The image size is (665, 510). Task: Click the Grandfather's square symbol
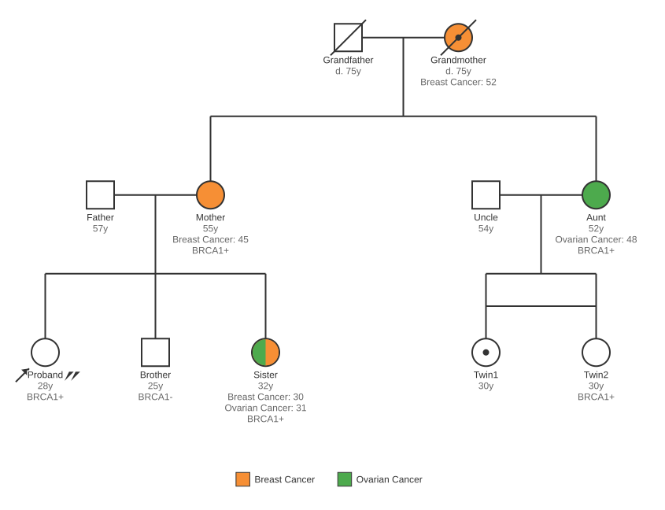pyautogui.click(x=348, y=38)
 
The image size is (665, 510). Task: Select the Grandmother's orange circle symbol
pyautogui.click(x=458, y=38)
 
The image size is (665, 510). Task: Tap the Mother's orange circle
pyautogui.click(x=210, y=195)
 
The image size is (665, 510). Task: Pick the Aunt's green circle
pyautogui.click(x=596, y=195)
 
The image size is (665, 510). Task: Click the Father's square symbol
pyautogui.click(x=100, y=195)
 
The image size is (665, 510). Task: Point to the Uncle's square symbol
pyautogui.click(x=486, y=195)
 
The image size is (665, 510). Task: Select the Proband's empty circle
pyautogui.click(x=45, y=353)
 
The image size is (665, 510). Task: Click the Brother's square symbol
pyautogui.click(x=155, y=353)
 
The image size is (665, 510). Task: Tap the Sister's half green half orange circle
pyautogui.click(x=265, y=353)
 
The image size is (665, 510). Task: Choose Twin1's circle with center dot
pyautogui.click(x=486, y=353)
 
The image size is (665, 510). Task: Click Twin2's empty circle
pyautogui.click(x=596, y=353)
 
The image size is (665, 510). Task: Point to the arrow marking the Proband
pyautogui.click(x=22, y=375)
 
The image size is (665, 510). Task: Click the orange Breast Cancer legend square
pyautogui.click(x=242, y=479)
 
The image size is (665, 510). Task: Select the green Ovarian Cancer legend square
pyautogui.click(x=345, y=479)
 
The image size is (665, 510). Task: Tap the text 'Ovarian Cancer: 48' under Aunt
pyautogui.click(x=596, y=239)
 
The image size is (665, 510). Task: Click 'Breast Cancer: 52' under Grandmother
pyautogui.click(x=458, y=82)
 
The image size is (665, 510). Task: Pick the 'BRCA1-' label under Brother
pyautogui.click(x=155, y=397)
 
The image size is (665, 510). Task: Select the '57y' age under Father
pyautogui.click(x=100, y=228)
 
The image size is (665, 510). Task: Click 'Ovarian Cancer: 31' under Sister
pyautogui.click(x=265, y=408)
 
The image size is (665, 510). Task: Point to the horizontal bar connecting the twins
pyautogui.click(x=541, y=306)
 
